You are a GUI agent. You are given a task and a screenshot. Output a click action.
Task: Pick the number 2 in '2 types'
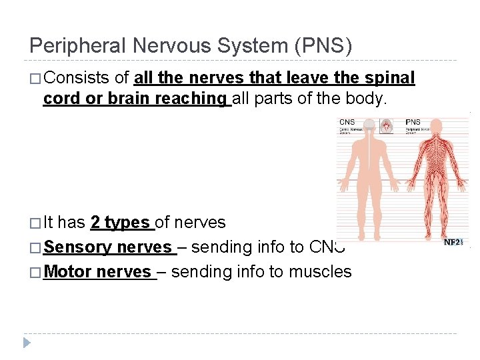point(95,223)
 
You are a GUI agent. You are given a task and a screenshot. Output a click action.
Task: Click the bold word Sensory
point(77,247)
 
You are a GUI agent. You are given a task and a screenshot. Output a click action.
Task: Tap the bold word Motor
point(68,272)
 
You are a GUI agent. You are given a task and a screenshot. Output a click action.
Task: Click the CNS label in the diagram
point(347,122)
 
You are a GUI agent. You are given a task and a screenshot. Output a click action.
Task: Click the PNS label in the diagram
point(413,122)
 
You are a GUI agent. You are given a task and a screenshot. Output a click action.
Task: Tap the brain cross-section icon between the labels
point(385,125)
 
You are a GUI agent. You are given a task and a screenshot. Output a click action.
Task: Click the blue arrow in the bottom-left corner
point(27,343)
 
